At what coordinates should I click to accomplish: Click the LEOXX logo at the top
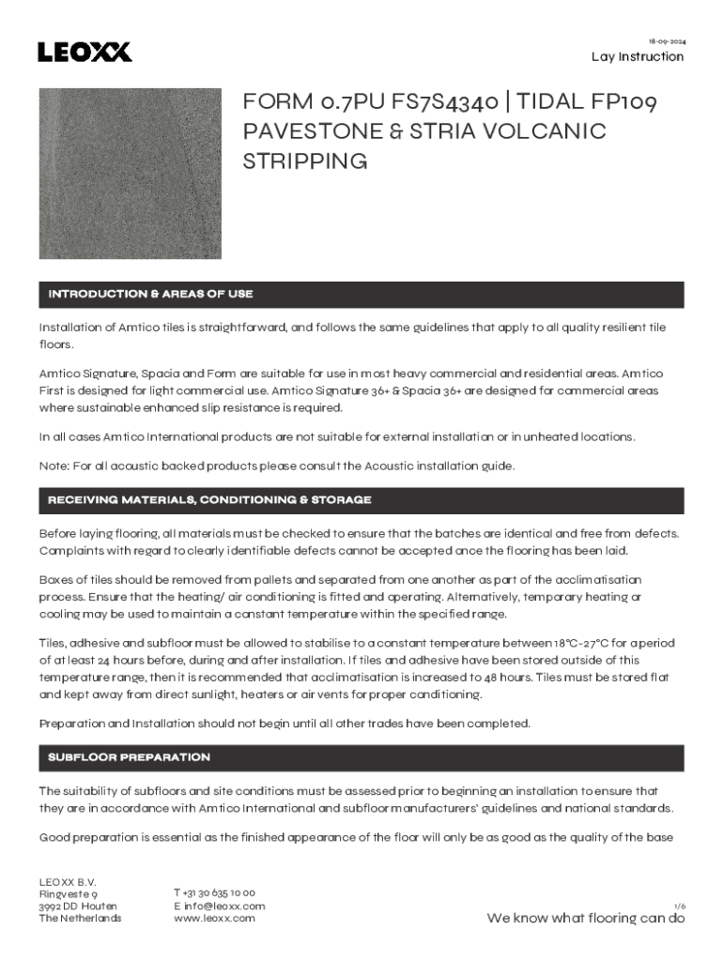[x=85, y=52]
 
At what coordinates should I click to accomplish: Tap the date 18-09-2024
[x=666, y=41]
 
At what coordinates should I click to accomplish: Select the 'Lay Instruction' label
[x=638, y=56]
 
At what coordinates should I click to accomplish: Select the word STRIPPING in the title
[x=305, y=160]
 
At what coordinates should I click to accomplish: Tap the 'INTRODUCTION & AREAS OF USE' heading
[x=150, y=295]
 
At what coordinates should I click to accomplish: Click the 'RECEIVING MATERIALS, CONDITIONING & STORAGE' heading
[x=209, y=500]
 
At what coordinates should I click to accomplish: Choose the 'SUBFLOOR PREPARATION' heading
[x=129, y=757]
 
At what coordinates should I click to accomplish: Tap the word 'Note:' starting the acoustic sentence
[x=54, y=465]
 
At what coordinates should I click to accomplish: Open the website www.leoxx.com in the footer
[x=214, y=918]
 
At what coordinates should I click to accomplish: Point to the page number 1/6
[x=680, y=906]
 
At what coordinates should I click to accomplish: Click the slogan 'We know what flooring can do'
[x=585, y=919]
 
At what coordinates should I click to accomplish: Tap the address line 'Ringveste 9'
[x=68, y=894]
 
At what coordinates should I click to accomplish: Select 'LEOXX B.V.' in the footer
[x=68, y=881]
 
